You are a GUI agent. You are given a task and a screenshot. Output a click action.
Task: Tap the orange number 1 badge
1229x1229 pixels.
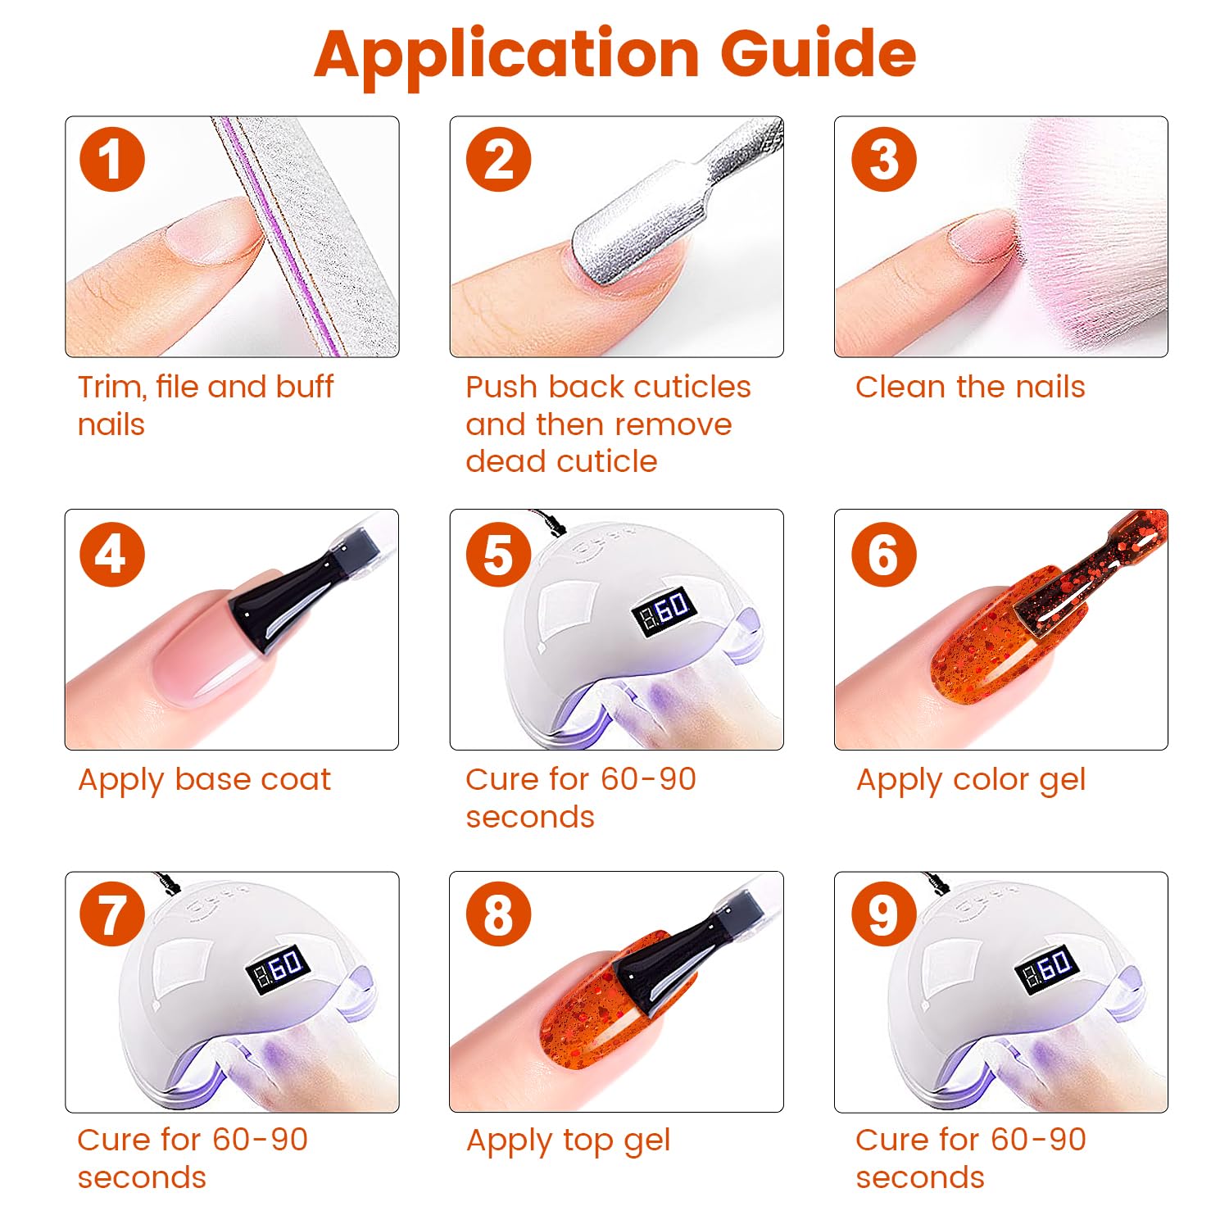(112, 159)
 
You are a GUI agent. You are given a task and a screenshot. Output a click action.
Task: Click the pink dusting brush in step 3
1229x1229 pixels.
(1082, 238)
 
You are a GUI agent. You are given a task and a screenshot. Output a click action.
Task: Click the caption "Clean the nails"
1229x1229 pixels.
(970, 387)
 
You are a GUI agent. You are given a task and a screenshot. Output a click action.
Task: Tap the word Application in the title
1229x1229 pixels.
(506, 55)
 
